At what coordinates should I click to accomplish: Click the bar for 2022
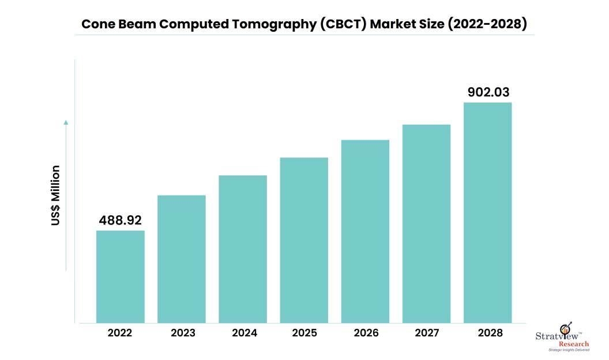(120, 276)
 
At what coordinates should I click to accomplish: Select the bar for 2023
(181, 259)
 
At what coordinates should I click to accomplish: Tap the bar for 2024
(243, 249)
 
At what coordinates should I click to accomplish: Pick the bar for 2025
(304, 240)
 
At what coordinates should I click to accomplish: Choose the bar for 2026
(365, 231)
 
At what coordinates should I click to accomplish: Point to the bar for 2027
(426, 223)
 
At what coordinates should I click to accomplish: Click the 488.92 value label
(120, 220)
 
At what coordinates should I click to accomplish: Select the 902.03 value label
(488, 92)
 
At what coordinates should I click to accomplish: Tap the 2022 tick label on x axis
(120, 333)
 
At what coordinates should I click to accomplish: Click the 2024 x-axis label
(243, 333)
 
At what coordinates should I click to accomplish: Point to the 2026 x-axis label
(365, 333)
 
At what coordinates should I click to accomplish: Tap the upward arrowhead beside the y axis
(66, 122)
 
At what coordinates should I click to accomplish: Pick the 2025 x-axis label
(304, 333)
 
